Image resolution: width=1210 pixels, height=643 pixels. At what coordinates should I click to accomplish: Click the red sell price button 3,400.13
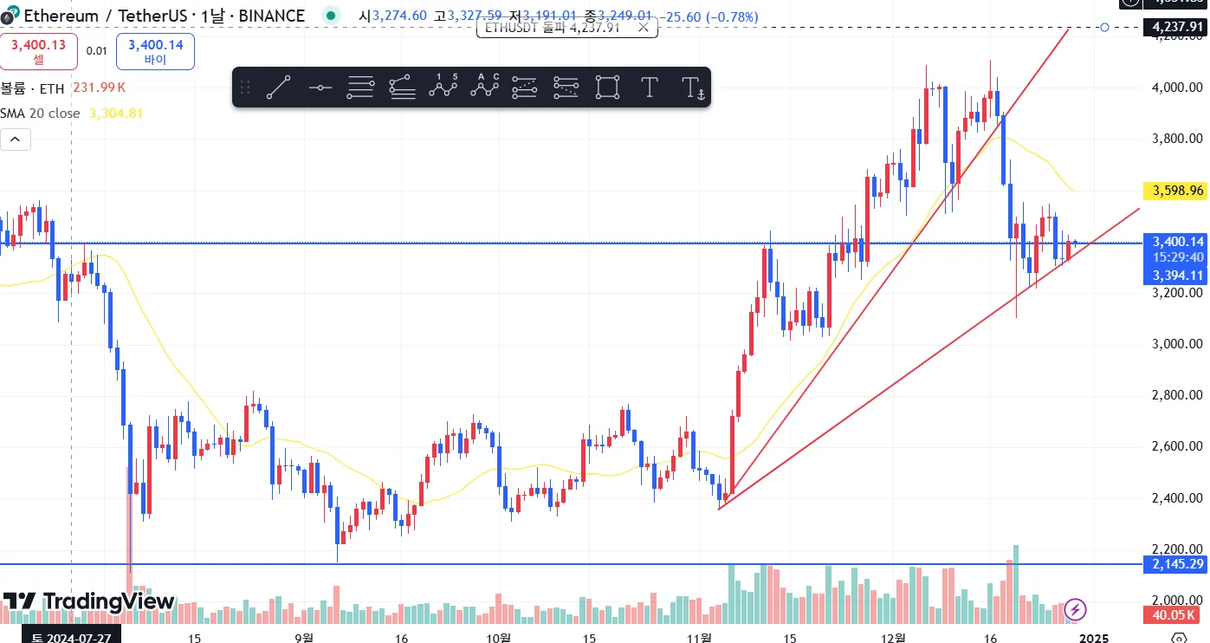[x=39, y=51]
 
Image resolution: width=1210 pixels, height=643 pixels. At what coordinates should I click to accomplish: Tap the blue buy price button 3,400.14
[x=155, y=51]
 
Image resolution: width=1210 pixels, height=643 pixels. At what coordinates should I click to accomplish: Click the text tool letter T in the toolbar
[x=649, y=87]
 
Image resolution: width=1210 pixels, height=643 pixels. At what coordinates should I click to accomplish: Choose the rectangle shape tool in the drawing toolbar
[x=608, y=87]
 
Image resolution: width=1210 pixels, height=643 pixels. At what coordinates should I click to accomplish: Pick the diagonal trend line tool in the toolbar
[x=278, y=87]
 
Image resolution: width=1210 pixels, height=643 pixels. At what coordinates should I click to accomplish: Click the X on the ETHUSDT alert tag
[x=643, y=28]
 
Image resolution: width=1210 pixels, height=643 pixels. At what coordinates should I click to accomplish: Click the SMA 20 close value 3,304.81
[x=116, y=114]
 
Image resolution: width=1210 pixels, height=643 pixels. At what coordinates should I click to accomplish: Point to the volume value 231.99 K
[x=99, y=88]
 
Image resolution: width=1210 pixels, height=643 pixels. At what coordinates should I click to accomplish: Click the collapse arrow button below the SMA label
[x=16, y=139]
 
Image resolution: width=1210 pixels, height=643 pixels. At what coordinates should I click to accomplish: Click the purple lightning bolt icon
[x=1075, y=609]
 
